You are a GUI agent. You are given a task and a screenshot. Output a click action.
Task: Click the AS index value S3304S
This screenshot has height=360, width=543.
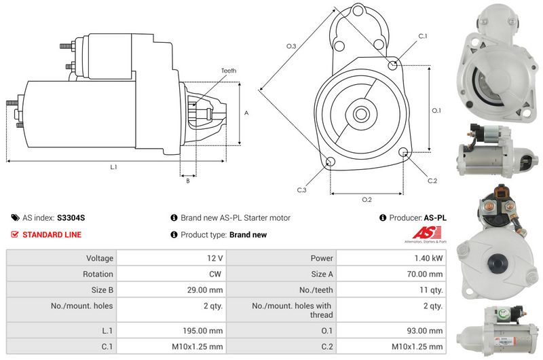click(x=71, y=218)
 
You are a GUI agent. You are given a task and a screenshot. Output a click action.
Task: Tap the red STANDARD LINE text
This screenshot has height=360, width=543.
click(x=52, y=234)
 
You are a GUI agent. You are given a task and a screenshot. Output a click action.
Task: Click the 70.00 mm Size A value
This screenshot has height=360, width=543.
click(x=425, y=274)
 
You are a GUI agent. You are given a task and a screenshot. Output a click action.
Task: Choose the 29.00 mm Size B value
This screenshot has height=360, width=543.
click(x=205, y=290)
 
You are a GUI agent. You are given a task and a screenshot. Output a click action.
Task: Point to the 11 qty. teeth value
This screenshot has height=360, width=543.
click(x=431, y=290)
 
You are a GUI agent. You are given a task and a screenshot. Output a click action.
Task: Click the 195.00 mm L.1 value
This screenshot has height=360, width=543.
click(x=202, y=331)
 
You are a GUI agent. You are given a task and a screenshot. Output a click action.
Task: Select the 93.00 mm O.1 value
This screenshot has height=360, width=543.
click(x=425, y=331)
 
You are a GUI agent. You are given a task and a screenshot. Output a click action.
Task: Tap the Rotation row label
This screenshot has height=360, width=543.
click(x=98, y=274)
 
